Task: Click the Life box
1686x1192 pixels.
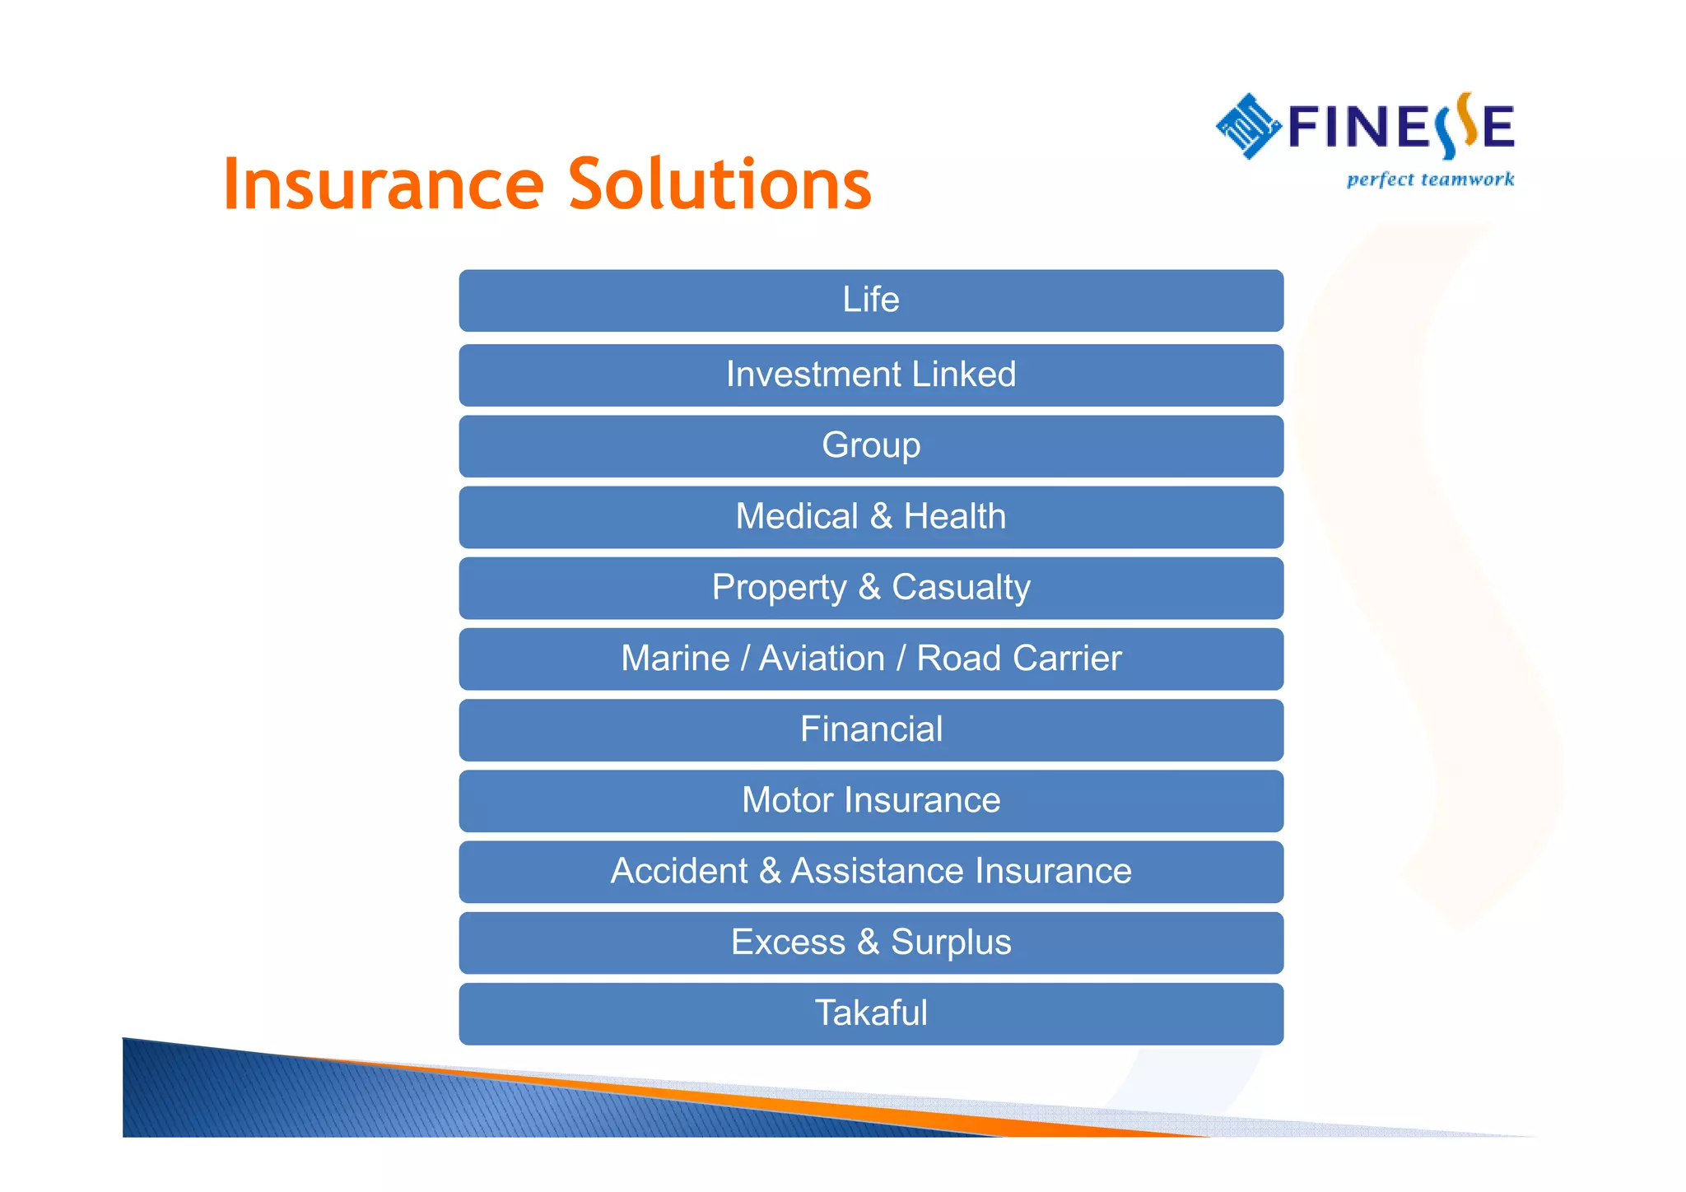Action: click(x=871, y=300)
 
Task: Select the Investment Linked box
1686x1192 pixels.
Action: click(x=871, y=375)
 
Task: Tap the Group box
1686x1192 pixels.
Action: click(x=871, y=446)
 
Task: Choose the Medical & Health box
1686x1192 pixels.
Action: click(x=871, y=517)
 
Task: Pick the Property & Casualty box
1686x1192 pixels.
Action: click(x=871, y=588)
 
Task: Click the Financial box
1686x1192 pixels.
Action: click(x=871, y=730)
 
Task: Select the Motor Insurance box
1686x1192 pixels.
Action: click(x=871, y=801)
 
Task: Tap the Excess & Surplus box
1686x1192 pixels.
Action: click(x=871, y=943)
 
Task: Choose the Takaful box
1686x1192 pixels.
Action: click(x=871, y=1013)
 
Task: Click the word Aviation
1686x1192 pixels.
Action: click(x=822, y=659)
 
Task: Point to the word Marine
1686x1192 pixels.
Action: click(x=675, y=659)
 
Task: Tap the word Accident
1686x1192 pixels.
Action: click(x=679, y=871)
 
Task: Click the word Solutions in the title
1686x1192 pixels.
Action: click(x=720, y=184)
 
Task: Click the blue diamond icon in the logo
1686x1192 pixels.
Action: click(x=1248, y=126)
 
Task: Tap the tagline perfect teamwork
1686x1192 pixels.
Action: click(x=1430, y=179)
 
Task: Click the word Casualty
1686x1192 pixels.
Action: click(x=961, y=588)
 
